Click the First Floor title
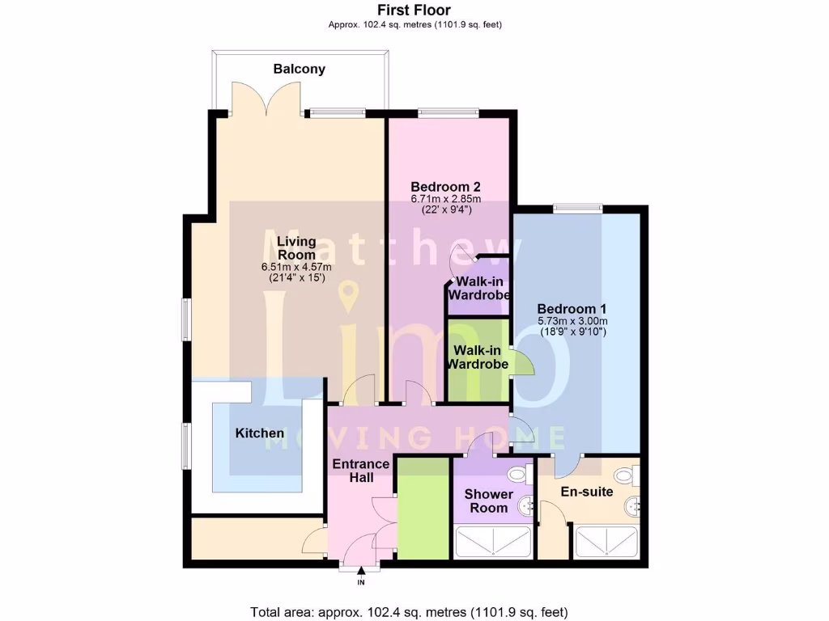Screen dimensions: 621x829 point(414,10)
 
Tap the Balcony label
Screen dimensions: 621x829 point(300,69)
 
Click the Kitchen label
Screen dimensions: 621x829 point(259,433)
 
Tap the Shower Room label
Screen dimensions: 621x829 point(489,501)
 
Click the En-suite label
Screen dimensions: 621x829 point(587,491)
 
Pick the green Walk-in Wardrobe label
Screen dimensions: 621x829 point(481,357)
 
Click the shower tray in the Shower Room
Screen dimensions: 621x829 point(493,542)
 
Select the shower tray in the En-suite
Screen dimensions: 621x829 point(606,542)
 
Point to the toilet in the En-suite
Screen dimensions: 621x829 point(624,476)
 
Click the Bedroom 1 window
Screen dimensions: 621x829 point(578,208)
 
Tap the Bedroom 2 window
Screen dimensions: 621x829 point(447,113)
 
